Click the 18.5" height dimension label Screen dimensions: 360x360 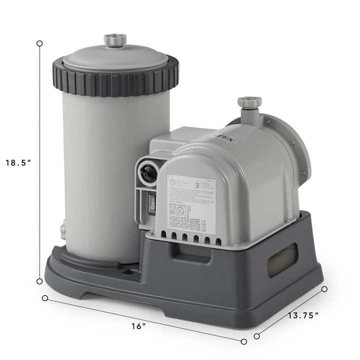tap(18, 162)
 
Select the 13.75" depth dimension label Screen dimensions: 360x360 tap(303, 315)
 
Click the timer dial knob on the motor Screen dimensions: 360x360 tap(147, 172)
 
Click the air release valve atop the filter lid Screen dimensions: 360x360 tap(115, 40)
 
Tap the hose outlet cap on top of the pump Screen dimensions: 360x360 tap(249, 102)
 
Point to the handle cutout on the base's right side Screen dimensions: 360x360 tap(282, 260)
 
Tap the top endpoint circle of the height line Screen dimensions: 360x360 tap(39, 43)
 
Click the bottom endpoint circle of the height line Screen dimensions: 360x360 tap(39, 281)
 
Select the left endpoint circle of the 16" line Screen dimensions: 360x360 tap(45, 298)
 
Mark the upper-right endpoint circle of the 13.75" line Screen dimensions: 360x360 tap(324, 289)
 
